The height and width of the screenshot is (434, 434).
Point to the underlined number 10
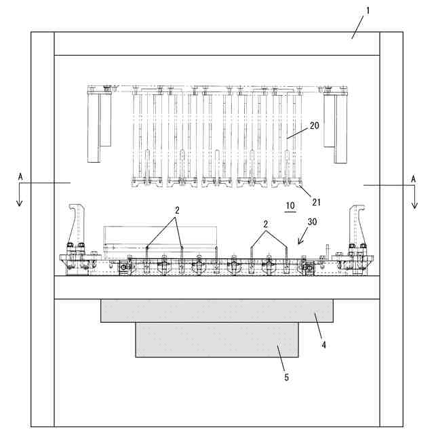coord(290,205)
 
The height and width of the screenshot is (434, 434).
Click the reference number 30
coord(311,221)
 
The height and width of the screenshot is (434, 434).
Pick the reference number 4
coord(324,344)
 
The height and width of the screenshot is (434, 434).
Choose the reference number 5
coord(286,376)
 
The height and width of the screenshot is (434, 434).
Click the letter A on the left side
coord(20,176)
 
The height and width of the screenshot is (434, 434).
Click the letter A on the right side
coord(413,178)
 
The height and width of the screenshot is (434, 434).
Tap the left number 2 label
coord(176,210)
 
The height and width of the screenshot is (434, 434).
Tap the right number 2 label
coord(267,223)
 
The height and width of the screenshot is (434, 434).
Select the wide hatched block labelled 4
coord(217,311)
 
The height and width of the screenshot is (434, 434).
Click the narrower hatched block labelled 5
coord(217,340)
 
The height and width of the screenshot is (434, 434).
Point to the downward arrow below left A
coord(20,199)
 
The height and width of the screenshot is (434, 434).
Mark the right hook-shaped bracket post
coord(357,227)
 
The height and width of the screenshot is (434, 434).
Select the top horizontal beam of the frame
coord(217,43)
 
